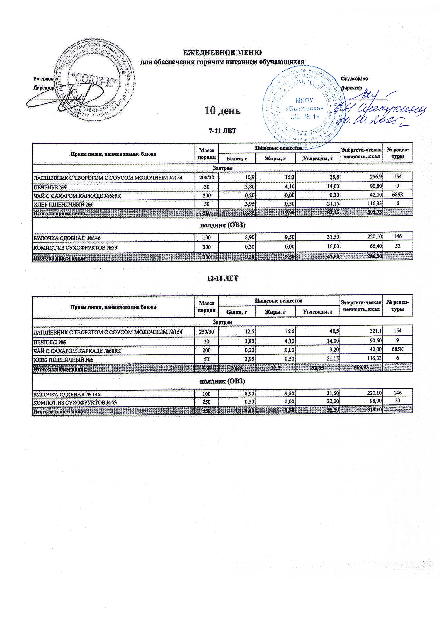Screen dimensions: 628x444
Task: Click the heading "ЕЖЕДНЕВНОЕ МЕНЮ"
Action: (x=222, y=52)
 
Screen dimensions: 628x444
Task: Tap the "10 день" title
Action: (x=223, y=111)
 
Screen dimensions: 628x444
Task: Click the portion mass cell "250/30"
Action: (x=206, y=332)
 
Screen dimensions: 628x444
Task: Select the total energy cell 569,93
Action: (x=361, y=368)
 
